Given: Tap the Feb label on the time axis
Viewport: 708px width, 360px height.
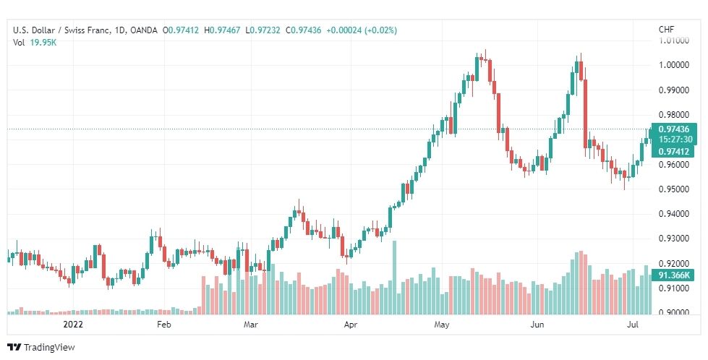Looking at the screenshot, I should tap(164, 325).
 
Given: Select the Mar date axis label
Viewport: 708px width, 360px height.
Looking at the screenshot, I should tap(250, 325).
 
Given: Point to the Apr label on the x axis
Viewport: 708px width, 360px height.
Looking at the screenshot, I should tap(351, 325).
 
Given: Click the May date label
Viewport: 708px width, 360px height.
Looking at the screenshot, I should tap(442, 325).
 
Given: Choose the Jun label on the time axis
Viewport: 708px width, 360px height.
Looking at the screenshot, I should tap(537, 325).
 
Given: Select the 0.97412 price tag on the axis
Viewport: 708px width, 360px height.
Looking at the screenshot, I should tap(677, 152).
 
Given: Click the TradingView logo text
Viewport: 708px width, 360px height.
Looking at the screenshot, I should tap(48, 348).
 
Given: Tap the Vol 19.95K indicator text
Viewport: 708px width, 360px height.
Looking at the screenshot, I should tap(34, 43).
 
